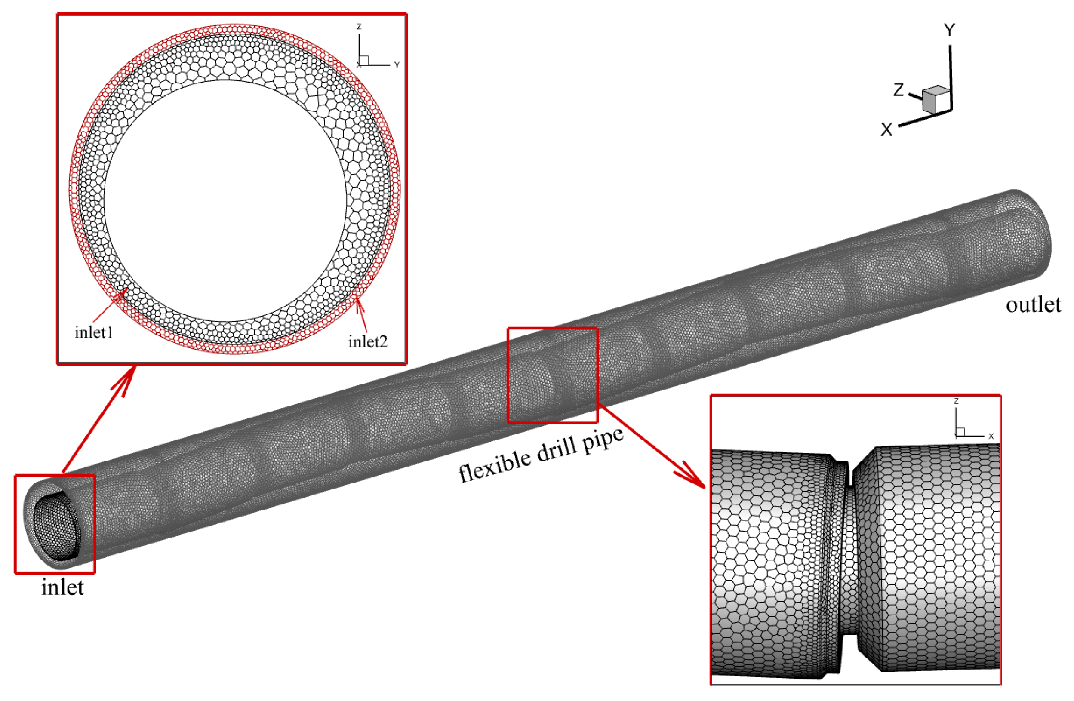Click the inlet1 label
coord(94,332)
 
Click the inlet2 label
coord(368,341)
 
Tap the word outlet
coord(1034,305)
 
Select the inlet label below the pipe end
coord(63,587)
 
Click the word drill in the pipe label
coord(558,449)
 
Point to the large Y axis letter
coord(949,30)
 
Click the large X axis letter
coord(887,130)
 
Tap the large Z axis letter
coord(899,90)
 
